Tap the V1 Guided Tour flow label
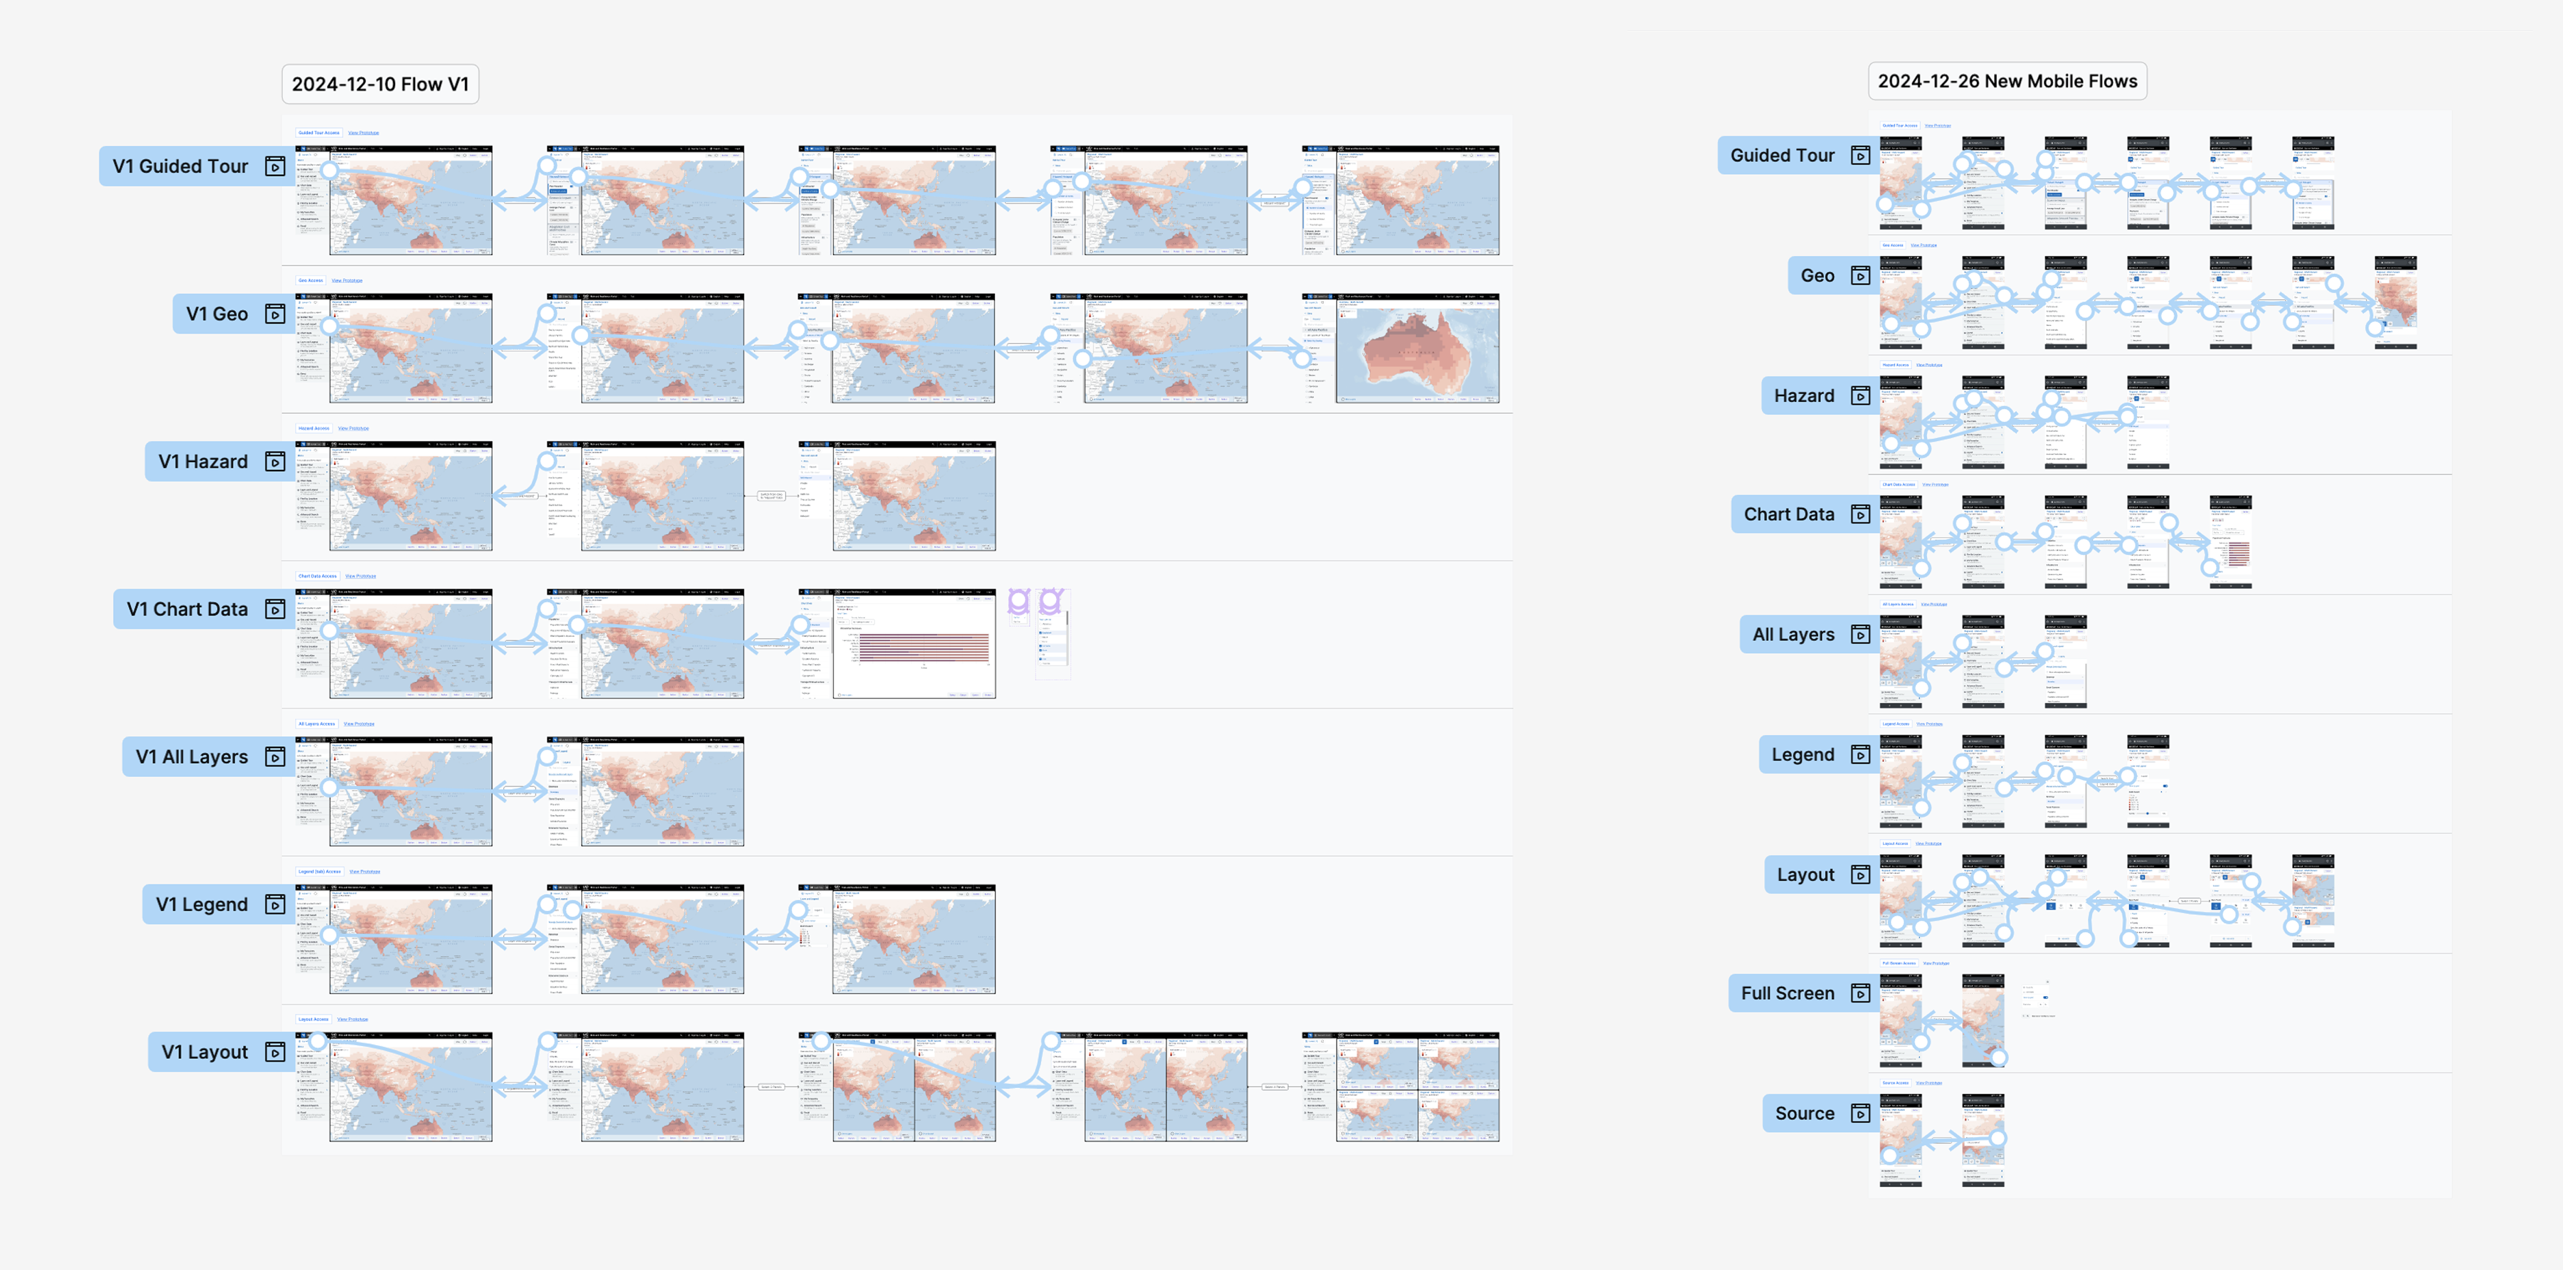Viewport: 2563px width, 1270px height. (x=180, y=166)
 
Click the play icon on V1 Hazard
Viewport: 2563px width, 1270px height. (x=275, y=462)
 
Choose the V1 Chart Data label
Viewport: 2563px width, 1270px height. (x=187, y=609)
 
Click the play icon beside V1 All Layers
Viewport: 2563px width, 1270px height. (x=275, y=757)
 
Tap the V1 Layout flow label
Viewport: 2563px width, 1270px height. (x=205, y=1052)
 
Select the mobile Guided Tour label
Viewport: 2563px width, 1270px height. (x=1782, y=155)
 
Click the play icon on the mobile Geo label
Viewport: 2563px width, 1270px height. (x=1860, y=276)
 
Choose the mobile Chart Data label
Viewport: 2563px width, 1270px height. (x=1789, y=515)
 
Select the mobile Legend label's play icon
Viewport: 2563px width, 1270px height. (x=1860, y=754)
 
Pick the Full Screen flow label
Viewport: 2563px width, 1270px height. (x=1787, y=993)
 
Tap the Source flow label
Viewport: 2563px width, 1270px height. (x=1804, y=1114)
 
